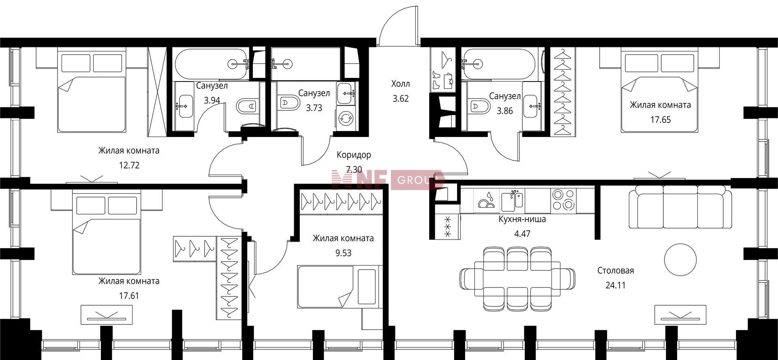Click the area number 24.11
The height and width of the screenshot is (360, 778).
(x=616, y=285)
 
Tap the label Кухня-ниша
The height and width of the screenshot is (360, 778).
(x=522, y=219)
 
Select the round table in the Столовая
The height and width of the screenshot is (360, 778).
(x=680, y=260)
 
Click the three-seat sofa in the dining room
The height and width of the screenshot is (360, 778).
(x=680, y=207)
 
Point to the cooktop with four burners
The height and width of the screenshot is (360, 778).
(x=563, y=199)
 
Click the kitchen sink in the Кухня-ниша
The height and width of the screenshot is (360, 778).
(x=512, y=200)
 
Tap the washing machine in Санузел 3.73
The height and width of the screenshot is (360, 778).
(x=346, y=118)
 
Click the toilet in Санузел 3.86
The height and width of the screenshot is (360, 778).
(x=479, y=106)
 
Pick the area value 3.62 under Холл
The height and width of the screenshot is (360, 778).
(x=400, y=99)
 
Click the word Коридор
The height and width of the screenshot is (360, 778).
(x=354, y=154)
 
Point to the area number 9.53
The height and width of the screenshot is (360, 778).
(x=343, y=253)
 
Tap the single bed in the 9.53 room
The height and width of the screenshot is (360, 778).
(x=340, y=287)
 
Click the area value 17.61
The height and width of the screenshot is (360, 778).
(x=129, y=296)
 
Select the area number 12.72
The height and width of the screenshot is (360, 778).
(x=129, y=165)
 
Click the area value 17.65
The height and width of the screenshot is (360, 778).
(x=660, y=120)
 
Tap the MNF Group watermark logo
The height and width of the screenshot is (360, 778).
(x=388, y=180)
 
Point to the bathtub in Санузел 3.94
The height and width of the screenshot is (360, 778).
(x=212, y=64)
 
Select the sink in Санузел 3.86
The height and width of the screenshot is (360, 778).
(x=532, y=106)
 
